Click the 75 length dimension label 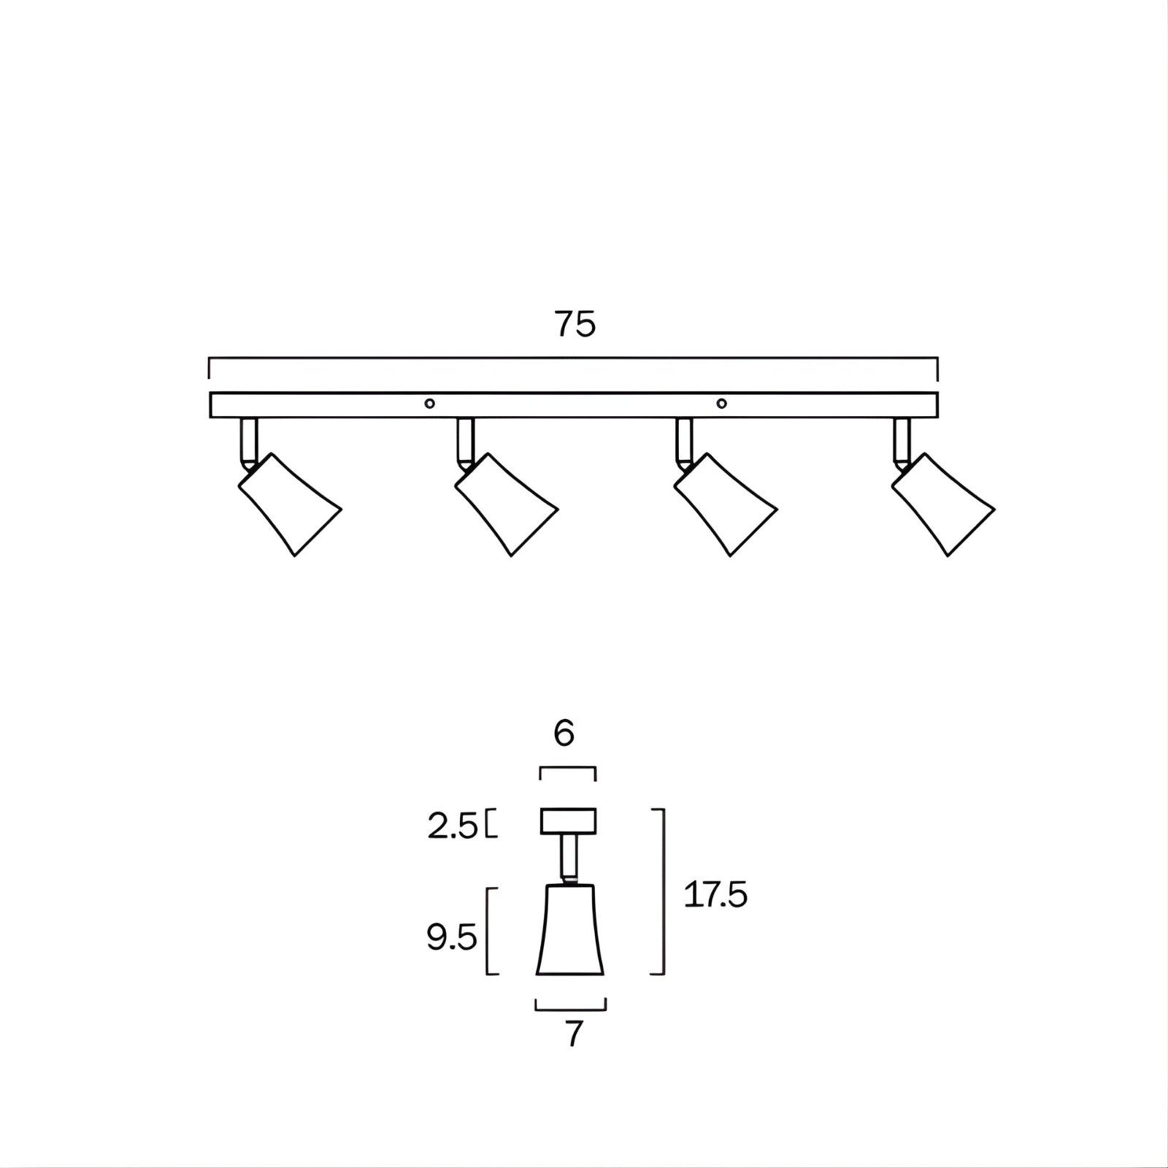coord(575,324)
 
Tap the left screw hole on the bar coord(430,404)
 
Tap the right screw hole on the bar coord(722,404)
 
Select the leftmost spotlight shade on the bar coord(290,504)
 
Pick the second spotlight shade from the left coord(507,504)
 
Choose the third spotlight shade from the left coord(725,504)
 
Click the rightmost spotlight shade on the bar coord(943,504)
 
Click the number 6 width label coord(564,734)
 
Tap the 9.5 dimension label coord(452,937)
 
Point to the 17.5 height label coord(715,894)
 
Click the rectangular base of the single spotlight coord(568,821)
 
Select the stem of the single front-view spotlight coord(568,858)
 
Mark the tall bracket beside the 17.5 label coord(661,891)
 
